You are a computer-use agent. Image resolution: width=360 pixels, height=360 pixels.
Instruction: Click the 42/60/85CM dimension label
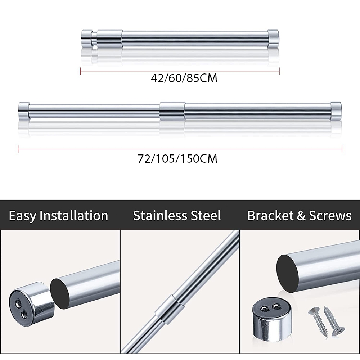pos(184,78)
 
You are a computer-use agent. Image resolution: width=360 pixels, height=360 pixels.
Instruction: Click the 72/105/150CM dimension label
pos(177,159)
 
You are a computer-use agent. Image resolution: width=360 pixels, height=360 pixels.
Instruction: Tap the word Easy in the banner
pos(22,216)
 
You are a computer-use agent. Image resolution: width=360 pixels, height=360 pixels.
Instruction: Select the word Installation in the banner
pos(74,216)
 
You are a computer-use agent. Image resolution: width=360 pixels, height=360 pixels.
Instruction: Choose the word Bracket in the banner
pos(270,216)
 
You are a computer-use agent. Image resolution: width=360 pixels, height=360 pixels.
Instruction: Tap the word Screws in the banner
pos(330,216)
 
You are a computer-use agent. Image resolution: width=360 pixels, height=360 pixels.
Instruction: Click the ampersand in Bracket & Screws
pos(301,216)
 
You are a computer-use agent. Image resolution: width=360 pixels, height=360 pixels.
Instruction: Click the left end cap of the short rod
pos(87,39)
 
